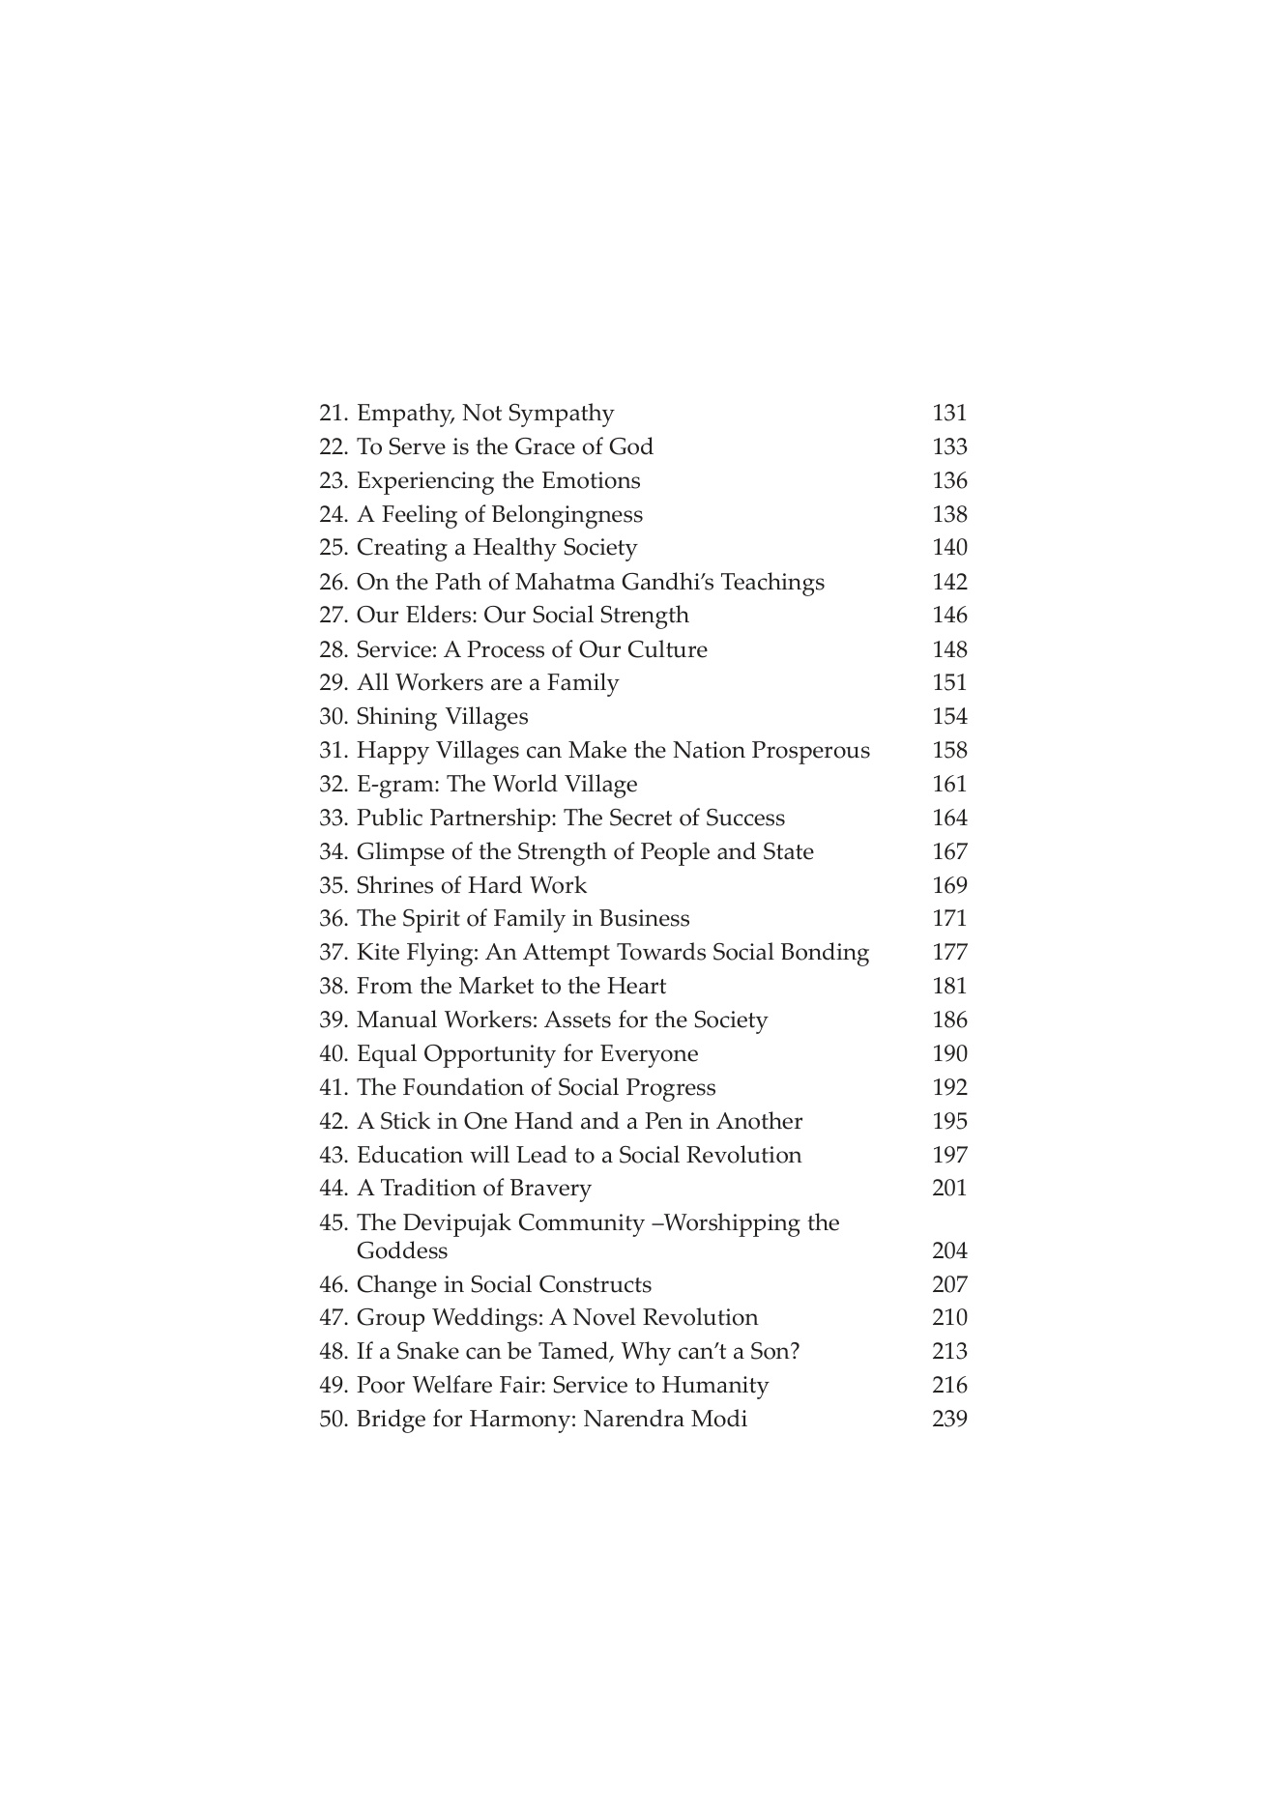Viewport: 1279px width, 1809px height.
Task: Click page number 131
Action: [x=948, y=414]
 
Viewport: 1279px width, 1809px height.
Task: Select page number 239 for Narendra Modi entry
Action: [x=948, y=1420]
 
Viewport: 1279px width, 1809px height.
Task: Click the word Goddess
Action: [x=401, y=1251]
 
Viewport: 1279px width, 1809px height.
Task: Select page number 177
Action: [x=948, y=953]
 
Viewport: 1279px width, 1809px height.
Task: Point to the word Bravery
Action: [x=547, y=1189]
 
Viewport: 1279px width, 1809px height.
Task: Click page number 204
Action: [x=948, y=1251]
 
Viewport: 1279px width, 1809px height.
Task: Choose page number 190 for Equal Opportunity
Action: [x=948, y=1054]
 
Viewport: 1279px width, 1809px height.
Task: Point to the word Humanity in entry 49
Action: [x=714, y=1386]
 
